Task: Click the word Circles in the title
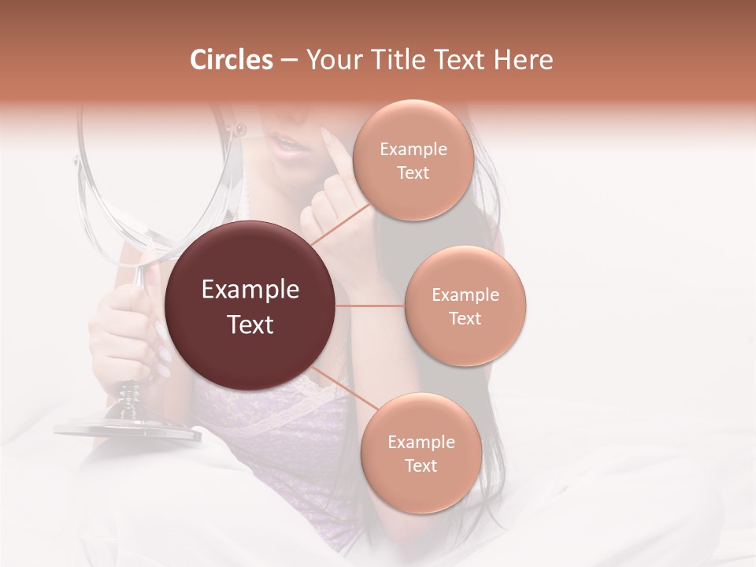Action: pos(231,60)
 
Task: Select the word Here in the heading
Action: pos(525,60)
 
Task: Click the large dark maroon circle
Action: pos(250,306)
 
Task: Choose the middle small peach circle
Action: pos(465,306)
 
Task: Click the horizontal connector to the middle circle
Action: pos(370,306)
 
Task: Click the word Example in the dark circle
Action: pos(250,290)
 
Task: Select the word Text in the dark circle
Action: pos(250,324)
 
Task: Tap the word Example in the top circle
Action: pos(413,150)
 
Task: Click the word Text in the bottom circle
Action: pos(421,465)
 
